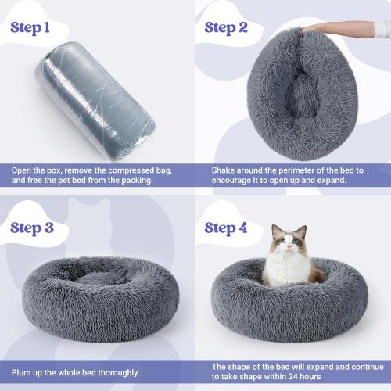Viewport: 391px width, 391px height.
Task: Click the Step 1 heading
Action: pyautogui.click(x=41, y=29)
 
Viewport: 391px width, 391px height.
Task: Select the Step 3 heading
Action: pyautogui.click(x=41, y=228)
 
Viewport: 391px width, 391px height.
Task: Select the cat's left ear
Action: pyautogui.click(x=303, y=232)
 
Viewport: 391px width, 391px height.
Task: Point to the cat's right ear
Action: pyautogui.click(x=275, y=231)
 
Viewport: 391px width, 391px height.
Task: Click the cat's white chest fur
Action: pyautogui.click(x=286, y=270)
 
